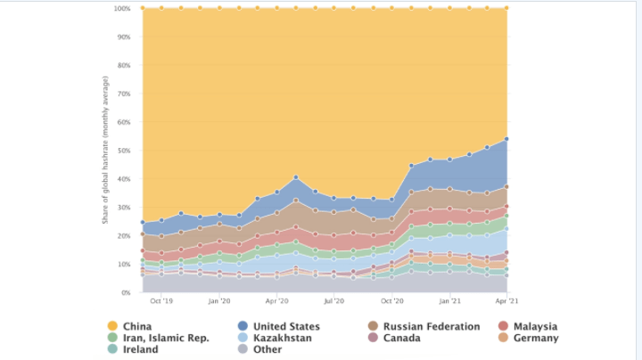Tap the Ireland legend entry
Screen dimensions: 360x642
(x=141, y=349)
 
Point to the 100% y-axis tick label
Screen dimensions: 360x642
(x=123, y=9)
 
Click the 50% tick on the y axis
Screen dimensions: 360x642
(x=125, y=151)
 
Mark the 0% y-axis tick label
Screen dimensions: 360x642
(x=127, y=292)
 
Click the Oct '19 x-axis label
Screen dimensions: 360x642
(x=161, y=302)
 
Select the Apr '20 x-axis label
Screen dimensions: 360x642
(x=276, y=302)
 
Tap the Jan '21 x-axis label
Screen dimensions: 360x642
(x=449, y=302)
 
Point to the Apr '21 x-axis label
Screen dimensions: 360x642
(x=506, y=302)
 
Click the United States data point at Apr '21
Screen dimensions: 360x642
(x=506, y=139)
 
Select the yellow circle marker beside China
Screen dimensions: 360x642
(x=111, y=326)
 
